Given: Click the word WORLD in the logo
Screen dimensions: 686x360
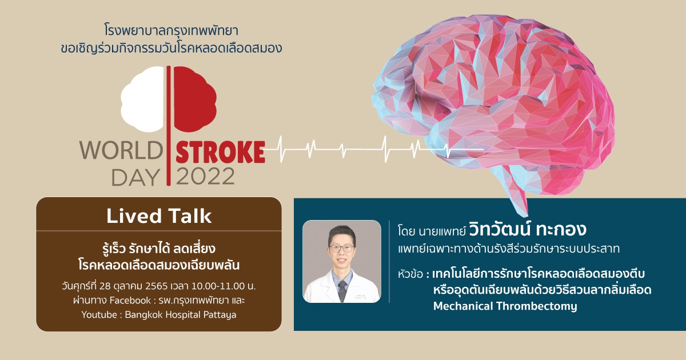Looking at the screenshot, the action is pos(121,151).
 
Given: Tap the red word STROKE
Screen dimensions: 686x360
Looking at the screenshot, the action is pos(220,152).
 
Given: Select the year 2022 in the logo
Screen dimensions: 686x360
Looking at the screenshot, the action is pos(205,177).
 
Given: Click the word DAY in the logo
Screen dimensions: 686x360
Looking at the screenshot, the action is pos(135,177).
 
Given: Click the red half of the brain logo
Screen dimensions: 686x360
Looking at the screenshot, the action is pos(195,99).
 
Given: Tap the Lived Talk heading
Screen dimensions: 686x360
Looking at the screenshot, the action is pos(159,216).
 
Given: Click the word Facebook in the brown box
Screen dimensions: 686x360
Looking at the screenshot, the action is pos(130,301).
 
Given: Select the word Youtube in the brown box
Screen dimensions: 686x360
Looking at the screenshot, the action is pos(99,315).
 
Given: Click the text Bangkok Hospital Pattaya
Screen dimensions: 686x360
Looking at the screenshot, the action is pos(181,315).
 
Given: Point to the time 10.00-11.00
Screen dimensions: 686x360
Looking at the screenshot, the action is pos(218,286).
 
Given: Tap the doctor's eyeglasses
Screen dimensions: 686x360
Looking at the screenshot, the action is pos(341,249).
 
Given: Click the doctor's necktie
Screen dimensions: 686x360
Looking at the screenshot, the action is pos(342,290).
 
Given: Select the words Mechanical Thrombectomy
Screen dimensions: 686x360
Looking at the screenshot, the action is pos(505,306).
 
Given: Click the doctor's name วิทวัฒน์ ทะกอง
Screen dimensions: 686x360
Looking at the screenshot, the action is pos(527,230).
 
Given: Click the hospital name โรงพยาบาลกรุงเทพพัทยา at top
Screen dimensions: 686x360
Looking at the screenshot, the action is pos(171,31).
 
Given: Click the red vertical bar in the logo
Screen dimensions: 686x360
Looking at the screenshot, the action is pos(169,126).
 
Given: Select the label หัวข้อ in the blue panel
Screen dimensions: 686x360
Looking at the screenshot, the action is pos(410,273).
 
